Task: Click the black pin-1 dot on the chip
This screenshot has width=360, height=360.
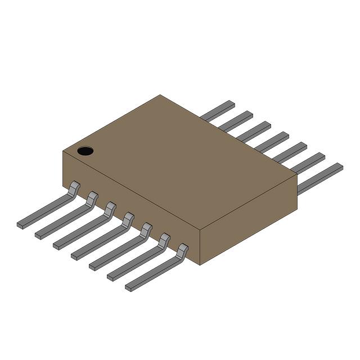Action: click(x=85, y=150)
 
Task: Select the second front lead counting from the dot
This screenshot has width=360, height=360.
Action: click(x=63, y=221)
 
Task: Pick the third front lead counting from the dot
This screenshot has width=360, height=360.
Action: click(x=81, y=232)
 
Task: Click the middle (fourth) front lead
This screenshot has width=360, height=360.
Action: click(x=99, y=242)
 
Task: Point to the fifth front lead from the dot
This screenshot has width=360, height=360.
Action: click(x=117, y=253)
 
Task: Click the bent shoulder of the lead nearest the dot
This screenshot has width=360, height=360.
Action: click(x=74, y=188)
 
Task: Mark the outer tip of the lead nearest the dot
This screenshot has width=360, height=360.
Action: click(x=21, y=225)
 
